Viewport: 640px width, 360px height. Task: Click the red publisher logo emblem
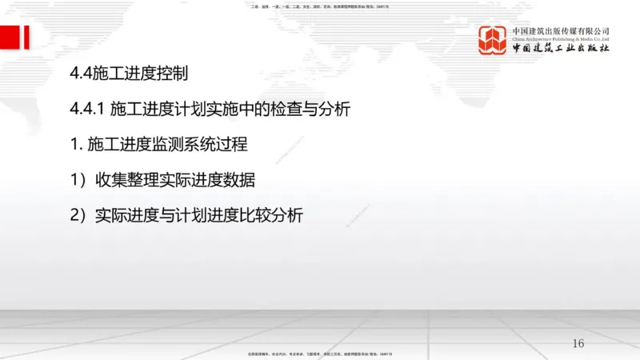click(x=493, y=40)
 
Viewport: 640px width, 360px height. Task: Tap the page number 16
click(x=579, y=343)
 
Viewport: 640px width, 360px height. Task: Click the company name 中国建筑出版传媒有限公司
click(x=561, y=30)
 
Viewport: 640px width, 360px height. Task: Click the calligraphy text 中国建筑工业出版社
click(x=561, y=49)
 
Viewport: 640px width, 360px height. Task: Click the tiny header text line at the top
click(x=320, y=6)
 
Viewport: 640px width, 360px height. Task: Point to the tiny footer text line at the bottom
click(x=320, y=354)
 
